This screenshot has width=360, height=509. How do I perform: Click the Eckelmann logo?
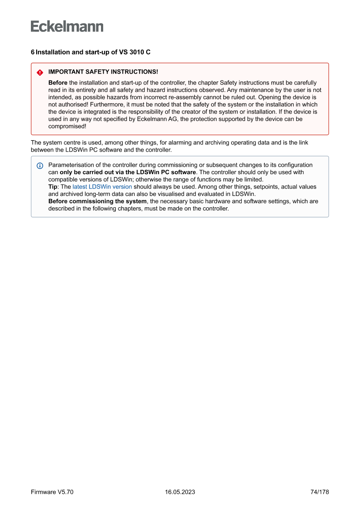pyautogui.click(x=67, y=27)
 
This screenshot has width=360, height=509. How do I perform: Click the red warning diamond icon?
pyautogui.click(x=40, y=72)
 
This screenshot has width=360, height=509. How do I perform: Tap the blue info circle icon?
pyautogui.click(x=40, y=166)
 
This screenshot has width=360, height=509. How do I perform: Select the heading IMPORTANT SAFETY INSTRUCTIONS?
pyautogui.click(x=103, y=72)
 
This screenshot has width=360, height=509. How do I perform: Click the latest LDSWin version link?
pyautogui.click(x=102, y=187)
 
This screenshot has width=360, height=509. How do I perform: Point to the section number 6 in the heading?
pyautogui.click(x=33, y=52)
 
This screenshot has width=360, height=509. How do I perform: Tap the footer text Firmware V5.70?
pyautogui.click(x=52, y=492)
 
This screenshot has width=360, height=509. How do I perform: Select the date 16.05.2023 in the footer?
pyautogui.click(x=180, y=492)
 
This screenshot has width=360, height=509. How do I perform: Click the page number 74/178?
pyautogui.click(x=320, y=492)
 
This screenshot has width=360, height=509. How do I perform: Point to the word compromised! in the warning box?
pyautogui.click(x=67, y=126)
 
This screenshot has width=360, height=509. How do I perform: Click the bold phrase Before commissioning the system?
pyautogui.click(x=98, y=201)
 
